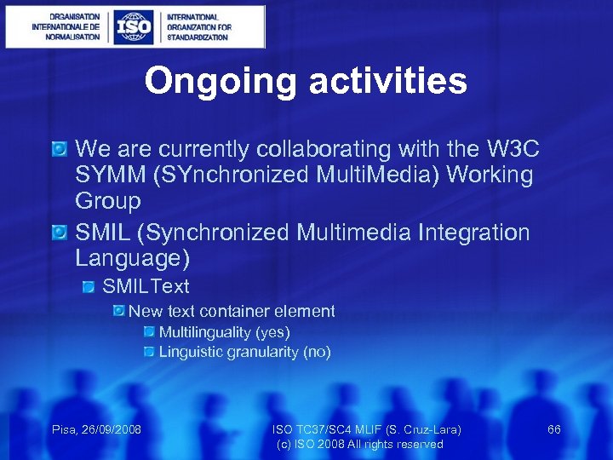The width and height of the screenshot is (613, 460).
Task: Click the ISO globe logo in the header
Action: [134, 26]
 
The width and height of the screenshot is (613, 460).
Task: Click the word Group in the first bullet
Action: [107, 202]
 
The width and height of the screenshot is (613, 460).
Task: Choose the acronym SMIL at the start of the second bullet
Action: [100, 232]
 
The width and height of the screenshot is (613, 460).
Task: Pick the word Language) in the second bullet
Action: [132, 258]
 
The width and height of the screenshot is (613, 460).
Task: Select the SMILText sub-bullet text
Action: [146, 286]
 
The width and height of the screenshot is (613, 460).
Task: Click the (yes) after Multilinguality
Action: [272, 332]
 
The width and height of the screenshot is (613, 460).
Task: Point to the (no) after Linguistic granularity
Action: [317, 352]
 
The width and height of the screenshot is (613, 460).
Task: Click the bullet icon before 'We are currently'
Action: [60, 150]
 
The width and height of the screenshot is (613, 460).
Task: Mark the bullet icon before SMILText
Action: [89, 287]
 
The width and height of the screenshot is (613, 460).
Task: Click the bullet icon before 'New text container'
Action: [120, 312]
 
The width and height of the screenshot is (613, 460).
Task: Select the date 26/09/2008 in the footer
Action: [111, 429]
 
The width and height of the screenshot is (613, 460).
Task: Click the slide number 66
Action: [553, 429]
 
